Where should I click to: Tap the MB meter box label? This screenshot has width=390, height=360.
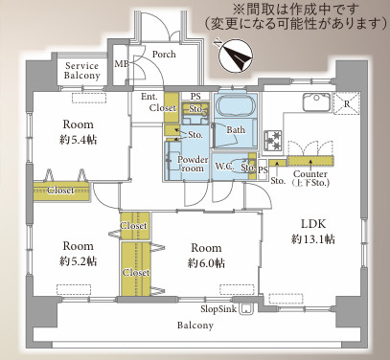[x=122, y=64]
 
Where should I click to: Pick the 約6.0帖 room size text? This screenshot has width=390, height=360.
[x=206, y=262]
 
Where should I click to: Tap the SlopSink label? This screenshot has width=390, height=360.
[x=218, y=308]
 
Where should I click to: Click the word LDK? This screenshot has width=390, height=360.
[x=307, y=224]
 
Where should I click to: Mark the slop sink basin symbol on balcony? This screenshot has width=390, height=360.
[x=248, y=308]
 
